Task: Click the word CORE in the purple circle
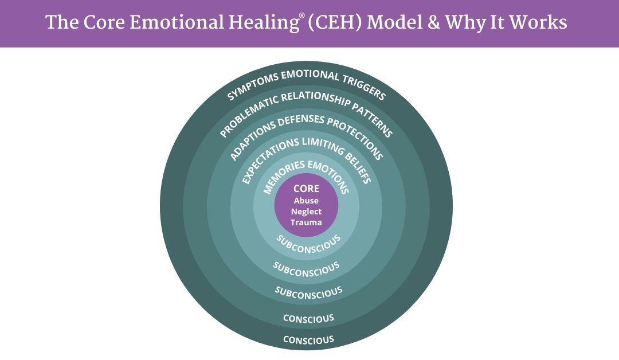pos(306,189)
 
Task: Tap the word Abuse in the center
pos(306,201)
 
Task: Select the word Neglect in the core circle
pos(306,212)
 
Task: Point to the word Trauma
pos(306,222)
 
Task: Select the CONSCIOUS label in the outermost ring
pos(308,340)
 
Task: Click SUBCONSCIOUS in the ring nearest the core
pos(308,241)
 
